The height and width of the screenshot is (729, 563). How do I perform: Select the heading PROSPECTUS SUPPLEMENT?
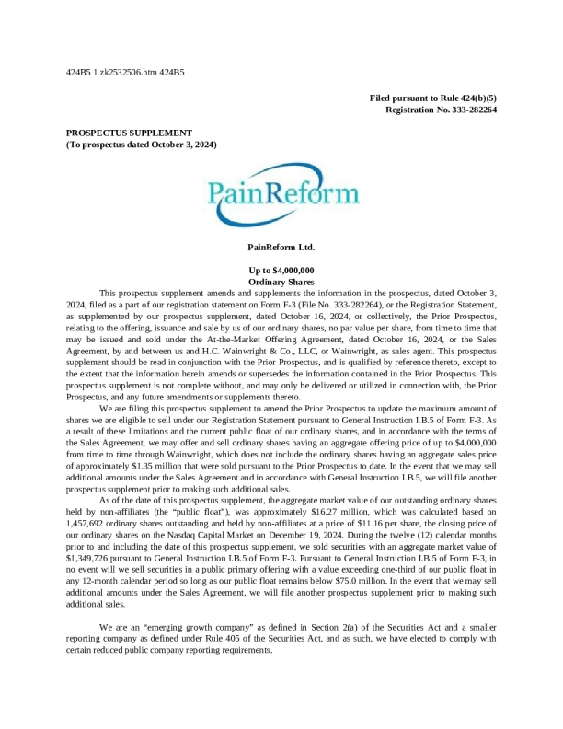tap(129, 133)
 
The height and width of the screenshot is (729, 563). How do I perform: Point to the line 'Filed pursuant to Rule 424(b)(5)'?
tap(432, 98)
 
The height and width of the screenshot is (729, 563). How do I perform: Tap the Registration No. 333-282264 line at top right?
tap(441, 110)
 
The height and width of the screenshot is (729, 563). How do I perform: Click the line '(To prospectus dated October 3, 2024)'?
tap(141, 145)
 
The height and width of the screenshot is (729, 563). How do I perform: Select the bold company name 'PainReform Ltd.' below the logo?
tap(281, 247)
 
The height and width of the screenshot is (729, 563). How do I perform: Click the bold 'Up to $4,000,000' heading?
tap(281, 270)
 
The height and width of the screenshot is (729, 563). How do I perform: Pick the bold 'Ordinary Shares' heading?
tap(281, 281)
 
